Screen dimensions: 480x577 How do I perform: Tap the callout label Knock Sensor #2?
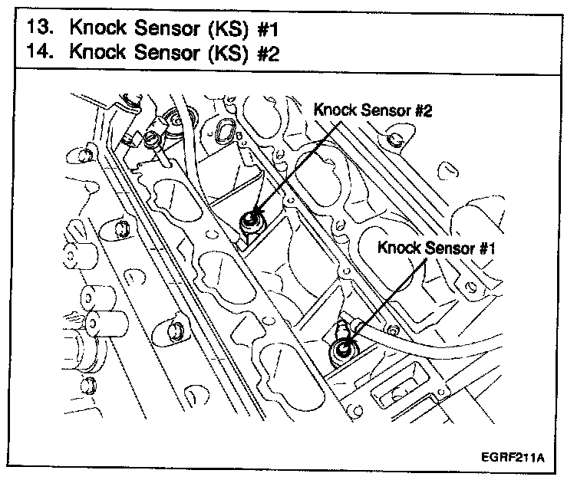[374, 110]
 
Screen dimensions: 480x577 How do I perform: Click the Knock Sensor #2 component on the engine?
[250, 222]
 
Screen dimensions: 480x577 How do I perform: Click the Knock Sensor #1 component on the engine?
[341, 352]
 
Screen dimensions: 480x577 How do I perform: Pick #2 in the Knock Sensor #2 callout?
[423, 110]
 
